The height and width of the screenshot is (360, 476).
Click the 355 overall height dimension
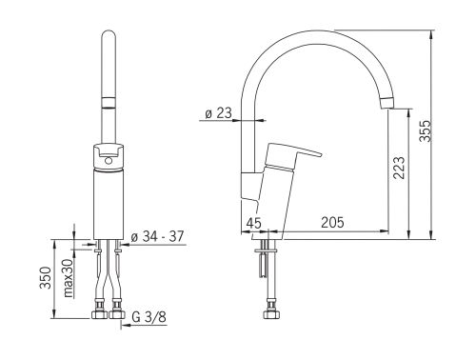pos(426,130)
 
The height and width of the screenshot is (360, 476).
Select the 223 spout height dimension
pos(399,168)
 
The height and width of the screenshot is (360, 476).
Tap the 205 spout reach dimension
pos(332,222)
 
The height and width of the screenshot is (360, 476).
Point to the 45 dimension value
pos(254,223)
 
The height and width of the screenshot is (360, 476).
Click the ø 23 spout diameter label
pos(219,113)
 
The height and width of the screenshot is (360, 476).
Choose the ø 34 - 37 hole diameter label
pos(157,236)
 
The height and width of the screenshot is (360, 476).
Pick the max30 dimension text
pos(69,277)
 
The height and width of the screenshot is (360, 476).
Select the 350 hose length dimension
pos(46,278)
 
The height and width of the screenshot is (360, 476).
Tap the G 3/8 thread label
pos(149,317)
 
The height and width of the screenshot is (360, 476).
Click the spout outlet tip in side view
pos(387,103)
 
